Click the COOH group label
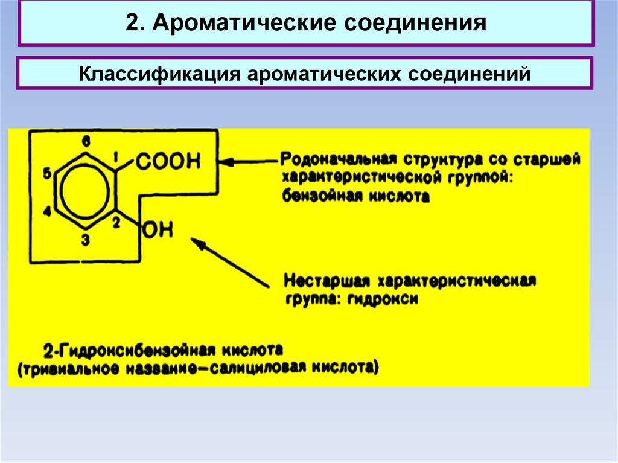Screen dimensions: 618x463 click(x=168, y=161)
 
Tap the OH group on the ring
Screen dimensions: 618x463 click(x=158, y=230)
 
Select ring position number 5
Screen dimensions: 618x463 click(x=47, y=173)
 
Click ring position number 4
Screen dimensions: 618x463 click(x=47, y=212)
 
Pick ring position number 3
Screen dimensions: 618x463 click(x=86, y=240)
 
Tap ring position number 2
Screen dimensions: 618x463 click(x=116, y=223)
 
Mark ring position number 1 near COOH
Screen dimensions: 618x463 click(x=116, y=158)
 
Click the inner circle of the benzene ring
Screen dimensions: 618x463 click(x=84, y=191)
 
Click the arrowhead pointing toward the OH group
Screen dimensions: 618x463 click(x=197, y=243)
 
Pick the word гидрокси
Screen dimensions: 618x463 click(x=382, y=299)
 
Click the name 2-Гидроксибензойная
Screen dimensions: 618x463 click(x=130, y=350)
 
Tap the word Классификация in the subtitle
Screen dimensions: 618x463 click(x=159, y=74)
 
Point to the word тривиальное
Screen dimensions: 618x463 click(x=70, y=369)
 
